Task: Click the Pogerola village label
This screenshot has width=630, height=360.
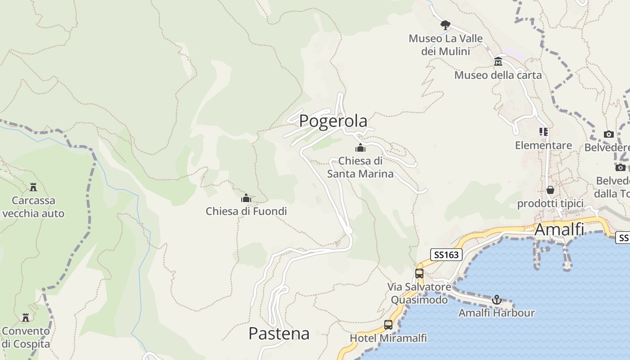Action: coord(333,121)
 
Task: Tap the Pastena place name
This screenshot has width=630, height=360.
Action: coord(279,333)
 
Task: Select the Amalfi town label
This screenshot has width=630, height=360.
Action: coord(559,229)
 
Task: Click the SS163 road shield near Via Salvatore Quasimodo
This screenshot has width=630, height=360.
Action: coord(446,255)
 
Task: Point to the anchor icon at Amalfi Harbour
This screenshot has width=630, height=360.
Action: coord(496,299)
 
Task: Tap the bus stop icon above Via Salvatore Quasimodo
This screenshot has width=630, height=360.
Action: coord(419,273)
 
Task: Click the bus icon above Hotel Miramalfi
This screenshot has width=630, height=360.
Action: coord(388,324)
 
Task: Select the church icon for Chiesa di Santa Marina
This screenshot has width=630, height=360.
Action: coord(360,148)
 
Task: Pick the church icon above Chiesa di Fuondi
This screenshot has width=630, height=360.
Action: coord(246,198)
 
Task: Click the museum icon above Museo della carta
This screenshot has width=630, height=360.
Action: coord(498,62)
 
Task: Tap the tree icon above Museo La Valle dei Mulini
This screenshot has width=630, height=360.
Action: coord(445,24)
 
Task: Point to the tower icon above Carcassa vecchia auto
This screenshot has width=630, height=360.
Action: coord(33,187)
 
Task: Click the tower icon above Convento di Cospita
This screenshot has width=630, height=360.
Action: coord(26,318)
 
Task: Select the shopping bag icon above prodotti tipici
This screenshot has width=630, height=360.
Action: coord(550,190)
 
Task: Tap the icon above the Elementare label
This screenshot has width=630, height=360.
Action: coord(544,132)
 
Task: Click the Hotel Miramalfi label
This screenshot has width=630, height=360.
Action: coord(388,338)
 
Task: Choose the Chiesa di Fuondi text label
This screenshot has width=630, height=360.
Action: coord(246,211)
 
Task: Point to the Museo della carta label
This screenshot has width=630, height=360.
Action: coord(498,75)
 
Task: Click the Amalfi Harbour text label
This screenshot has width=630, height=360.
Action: coord(496,313)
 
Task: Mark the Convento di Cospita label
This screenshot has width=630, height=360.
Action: coord(26,337)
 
